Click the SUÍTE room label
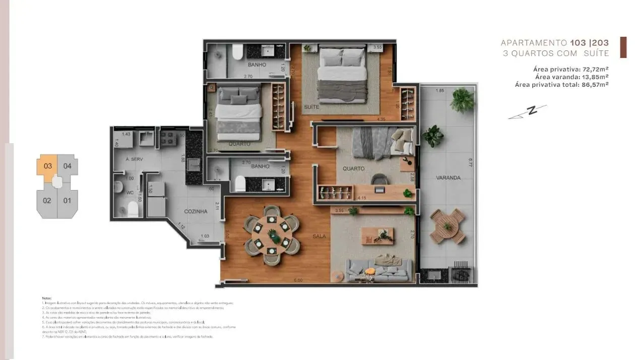click(310, 107)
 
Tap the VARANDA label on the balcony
click(448, 177)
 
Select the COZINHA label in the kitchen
click(196, 212)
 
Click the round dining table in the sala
click(272, 235)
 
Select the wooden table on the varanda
click(448, 226)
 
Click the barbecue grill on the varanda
click(461, 273)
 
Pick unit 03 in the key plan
click(47, 166)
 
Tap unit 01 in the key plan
click(67, 201)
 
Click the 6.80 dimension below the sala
click(298, 280)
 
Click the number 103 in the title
click(578, 43)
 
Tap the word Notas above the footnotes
click(46, 298)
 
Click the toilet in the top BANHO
click(236, 53)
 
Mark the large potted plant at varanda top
click(462, 100)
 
